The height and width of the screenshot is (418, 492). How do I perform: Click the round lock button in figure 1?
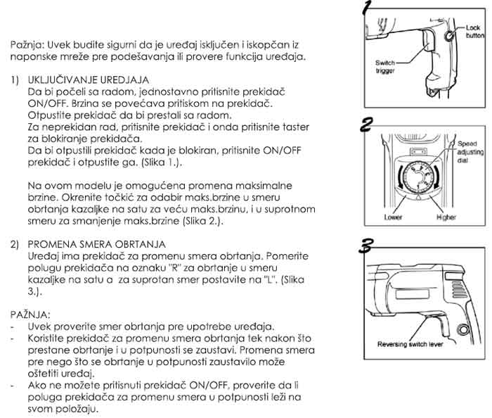450,35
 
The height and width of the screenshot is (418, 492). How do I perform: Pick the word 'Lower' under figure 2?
393,217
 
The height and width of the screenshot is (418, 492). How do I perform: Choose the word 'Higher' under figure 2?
446,217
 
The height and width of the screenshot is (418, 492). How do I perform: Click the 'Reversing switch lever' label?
410,345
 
